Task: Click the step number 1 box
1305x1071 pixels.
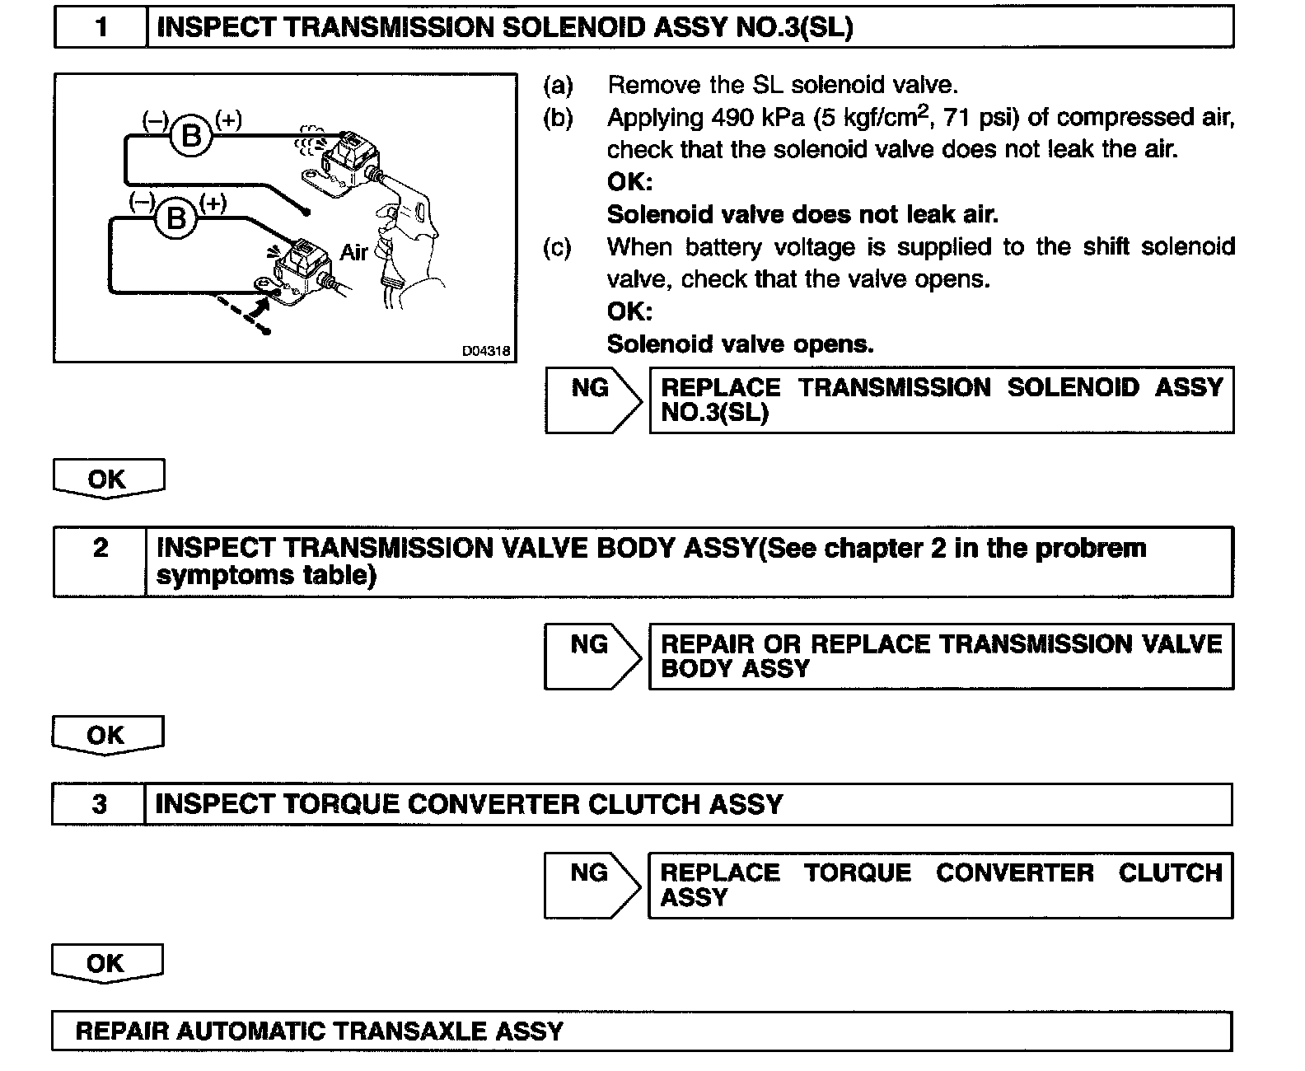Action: pyautogui.click(x=101, y=27)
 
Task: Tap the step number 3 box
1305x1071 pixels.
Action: pyautogui.click(x=99, y=804)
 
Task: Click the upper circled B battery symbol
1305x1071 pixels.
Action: pyautogui.click(x=191, y=134)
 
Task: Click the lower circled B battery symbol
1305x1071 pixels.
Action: pyautogui.click(x=175, y=218)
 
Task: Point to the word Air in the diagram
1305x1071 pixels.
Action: pyautogui.click(x=353, y=251)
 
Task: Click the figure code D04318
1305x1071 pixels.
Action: pyautogui.click(x=486, y=351)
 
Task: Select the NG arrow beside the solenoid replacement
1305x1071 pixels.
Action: pyautogui.click(x=592, y=400)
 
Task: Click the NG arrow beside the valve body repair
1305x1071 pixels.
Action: pyautogui.click(x=591, y=656)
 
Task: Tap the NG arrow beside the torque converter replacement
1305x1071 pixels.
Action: pyautogui.click(x=591, y=885)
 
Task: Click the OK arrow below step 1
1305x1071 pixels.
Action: pyautogui.click(x=108, y=479)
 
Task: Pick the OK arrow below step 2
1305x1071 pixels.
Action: pyautogui.click(x=107, y=735)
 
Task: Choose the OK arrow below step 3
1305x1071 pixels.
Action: pyautogui.click(x=107, y=963)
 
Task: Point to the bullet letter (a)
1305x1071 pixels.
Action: pyautogui.click(x=558, y=85)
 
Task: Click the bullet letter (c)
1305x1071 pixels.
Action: pyautogui.click(x=558, y=247)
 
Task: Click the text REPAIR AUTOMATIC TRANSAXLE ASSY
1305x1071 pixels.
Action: pyautogui.click(x=319, y=1031)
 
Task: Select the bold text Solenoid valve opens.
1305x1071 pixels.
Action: pyautogui.click(x=740, y=344)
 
